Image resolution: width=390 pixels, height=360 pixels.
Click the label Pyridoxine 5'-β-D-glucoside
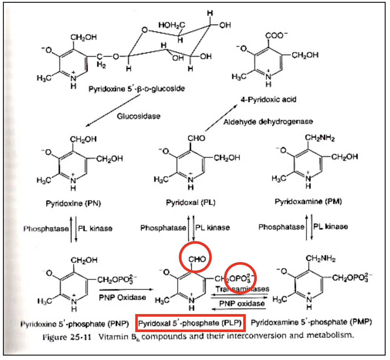coord(136,89)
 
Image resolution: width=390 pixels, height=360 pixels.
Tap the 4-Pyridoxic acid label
coord(268,99)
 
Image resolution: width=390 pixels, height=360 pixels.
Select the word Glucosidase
coord(139,116)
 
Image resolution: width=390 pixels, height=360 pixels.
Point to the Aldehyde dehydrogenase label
coord(268,122)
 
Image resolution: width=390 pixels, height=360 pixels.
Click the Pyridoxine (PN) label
coord(73,203)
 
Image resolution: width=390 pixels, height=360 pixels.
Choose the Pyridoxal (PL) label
coord(190,202)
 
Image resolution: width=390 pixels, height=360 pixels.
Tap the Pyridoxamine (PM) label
coord(308,202)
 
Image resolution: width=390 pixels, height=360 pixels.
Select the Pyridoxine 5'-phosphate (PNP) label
coord(75,324)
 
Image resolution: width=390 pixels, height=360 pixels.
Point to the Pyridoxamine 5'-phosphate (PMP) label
coord(311,322)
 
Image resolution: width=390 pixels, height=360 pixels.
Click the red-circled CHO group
coord(197,259)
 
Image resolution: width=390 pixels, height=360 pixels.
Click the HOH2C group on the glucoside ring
coord(172,25)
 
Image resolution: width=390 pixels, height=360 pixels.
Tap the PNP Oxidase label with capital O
coord(122,297)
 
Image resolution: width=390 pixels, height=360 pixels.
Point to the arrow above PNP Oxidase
coord(126,289)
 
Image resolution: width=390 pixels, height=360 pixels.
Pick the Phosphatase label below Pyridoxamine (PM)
coord(281,227)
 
